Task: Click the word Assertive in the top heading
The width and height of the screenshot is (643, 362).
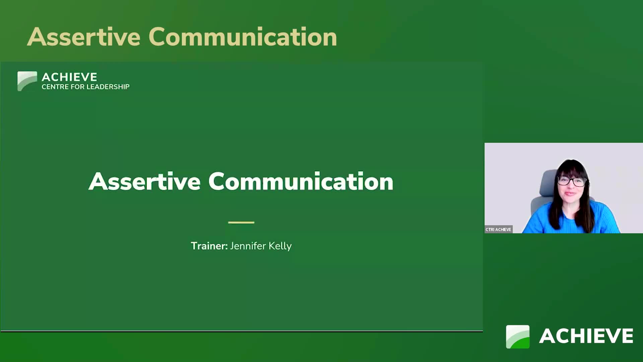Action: (x=84, y=37)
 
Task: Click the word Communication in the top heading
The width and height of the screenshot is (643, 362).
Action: (x=243, y=37)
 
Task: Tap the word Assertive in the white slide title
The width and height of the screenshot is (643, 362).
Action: (x=144, y=181)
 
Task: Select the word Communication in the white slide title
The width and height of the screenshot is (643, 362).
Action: (x=301, y=181)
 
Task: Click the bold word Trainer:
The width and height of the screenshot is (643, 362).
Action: (x=209, y=246)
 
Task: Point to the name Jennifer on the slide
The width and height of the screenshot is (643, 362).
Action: (x=248, y=246)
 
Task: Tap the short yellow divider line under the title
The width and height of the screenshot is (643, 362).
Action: (x=241, y=222)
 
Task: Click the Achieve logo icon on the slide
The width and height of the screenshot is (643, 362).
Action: (x=27, y=81)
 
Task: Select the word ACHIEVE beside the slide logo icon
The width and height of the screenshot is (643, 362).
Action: (x=69, y=77)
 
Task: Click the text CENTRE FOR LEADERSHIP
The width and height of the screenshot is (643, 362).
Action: (x=85, y=87)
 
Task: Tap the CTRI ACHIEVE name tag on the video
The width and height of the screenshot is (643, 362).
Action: (x=498, y=230)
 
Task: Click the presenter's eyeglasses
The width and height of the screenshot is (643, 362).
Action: (x=571, y=181)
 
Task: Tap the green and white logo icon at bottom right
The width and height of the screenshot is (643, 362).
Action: (x=518, y=337)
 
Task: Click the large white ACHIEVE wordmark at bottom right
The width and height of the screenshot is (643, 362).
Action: (x=586, y=336)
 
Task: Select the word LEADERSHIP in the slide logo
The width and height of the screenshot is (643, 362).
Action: (x=108, y=87)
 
